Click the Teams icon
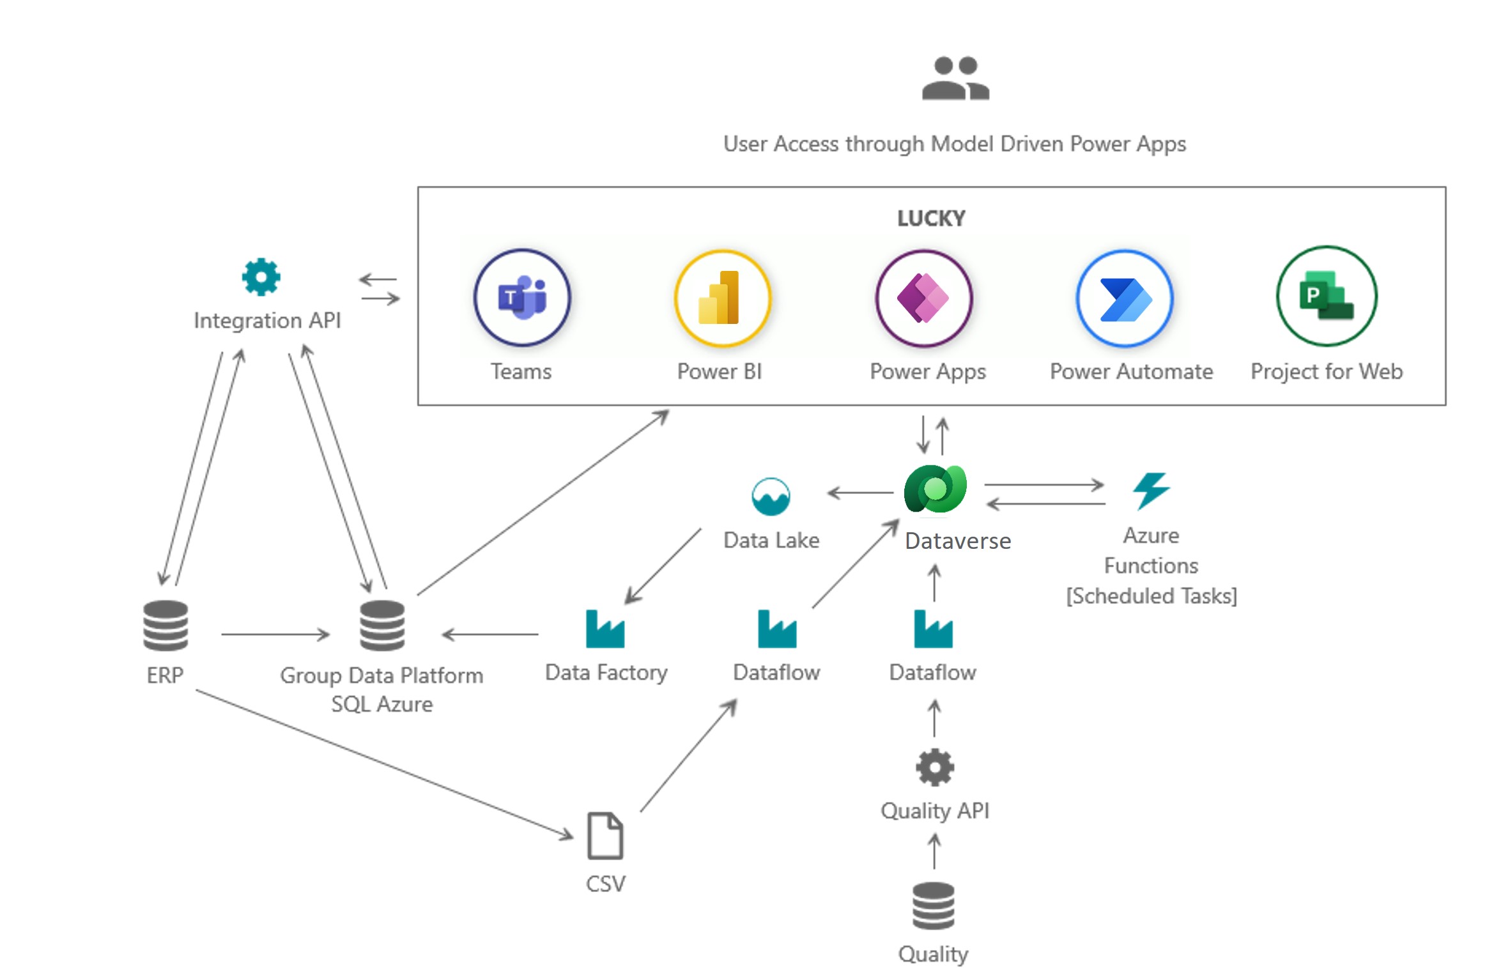coord(521,298)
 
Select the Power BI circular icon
coord(722,298)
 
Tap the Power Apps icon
coord(923,298)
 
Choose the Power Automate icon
coord(1125,298)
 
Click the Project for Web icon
coord(1326,296)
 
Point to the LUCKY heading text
coord(930,219)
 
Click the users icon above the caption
coord(955,79)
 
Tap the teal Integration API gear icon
coord(261,277)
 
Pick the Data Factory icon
coord(605,629)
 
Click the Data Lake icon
coord(771,496)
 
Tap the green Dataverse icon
coord(935,489)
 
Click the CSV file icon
coord(605,835)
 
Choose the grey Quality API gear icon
coord(934,767)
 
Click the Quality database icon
coord(933,905)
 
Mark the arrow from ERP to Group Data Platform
coord(275,634)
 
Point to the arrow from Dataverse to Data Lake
coord(859,493)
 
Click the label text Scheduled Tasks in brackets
coord(1151,595)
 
